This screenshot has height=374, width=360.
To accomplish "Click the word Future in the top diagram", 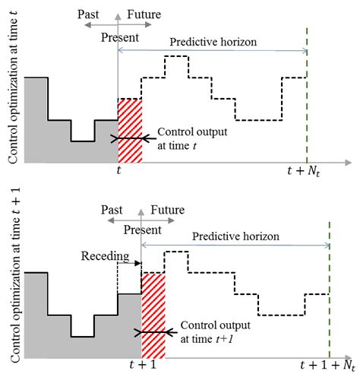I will [144, 14].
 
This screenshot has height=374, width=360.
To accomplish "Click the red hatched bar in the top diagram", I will [130, 130].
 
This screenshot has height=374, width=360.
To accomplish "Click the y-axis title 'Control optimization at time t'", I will [14, 85].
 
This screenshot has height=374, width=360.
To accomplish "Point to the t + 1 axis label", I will [142, 363].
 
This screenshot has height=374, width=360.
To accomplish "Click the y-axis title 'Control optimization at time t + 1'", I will [14, 276].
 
